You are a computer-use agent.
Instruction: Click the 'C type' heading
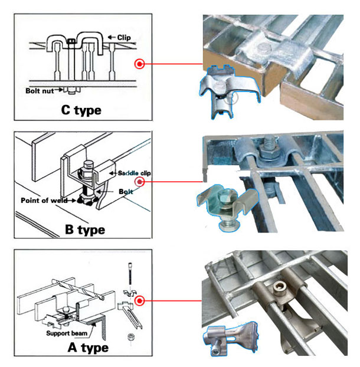81,110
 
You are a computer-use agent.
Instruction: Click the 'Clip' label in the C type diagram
123,38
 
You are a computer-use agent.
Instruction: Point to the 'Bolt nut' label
40,91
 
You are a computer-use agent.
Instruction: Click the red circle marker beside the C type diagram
140,64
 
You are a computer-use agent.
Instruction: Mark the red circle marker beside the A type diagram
140,301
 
